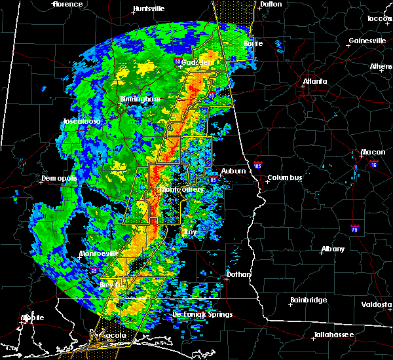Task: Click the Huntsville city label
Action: coord(149,9)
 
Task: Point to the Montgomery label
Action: coord(183,189)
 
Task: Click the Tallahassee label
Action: coord(333,334)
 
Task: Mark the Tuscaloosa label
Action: coord(81,122)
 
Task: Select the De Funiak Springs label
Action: coord(202,315)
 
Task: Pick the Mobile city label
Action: coord(32,317)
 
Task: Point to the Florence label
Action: coord(67,4)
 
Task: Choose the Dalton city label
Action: coord(270,4)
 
